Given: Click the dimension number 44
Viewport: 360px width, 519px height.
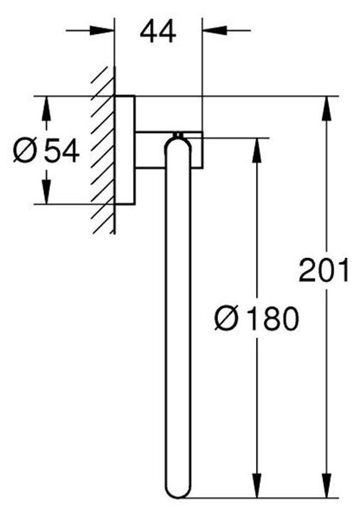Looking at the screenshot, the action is [x=157, y=32].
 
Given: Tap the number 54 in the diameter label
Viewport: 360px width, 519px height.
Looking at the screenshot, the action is [x=62, y=151].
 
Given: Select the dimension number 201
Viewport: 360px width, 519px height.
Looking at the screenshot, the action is [x=324, y=271].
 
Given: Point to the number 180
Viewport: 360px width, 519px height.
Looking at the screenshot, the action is [x=273, y=319].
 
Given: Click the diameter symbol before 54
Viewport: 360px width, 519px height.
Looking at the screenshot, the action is [x=25, y=151].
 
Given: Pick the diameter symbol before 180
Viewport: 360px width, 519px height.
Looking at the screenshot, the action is [x=227, y=319].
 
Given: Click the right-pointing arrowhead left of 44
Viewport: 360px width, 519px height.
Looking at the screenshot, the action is [x=102, y=30].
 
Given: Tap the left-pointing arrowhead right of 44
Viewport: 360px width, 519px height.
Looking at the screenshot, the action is [x=215, y=30].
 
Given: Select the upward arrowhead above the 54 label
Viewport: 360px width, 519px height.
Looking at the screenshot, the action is [x=47, y=108].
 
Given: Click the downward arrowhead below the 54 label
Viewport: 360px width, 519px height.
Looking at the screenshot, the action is [x=47, y=192].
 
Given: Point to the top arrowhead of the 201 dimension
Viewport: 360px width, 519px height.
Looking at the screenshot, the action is [x=326, y=109].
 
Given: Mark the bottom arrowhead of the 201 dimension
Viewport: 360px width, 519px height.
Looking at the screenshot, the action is [x=326, y=485].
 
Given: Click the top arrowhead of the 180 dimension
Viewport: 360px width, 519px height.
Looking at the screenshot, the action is [x=257, y=150].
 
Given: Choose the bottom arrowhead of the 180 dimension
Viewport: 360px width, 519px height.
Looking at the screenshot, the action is [x=257, y=485].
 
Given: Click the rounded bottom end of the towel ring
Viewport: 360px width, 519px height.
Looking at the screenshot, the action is [x=178, y=491].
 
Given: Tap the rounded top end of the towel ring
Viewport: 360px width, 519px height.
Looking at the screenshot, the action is [x=178, y=143].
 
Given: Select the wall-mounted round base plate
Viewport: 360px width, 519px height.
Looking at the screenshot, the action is [x=125, y=151].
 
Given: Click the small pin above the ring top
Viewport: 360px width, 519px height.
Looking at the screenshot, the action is [x=178, y=135].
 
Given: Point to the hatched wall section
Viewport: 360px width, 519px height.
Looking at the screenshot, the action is [x=103, y=150].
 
